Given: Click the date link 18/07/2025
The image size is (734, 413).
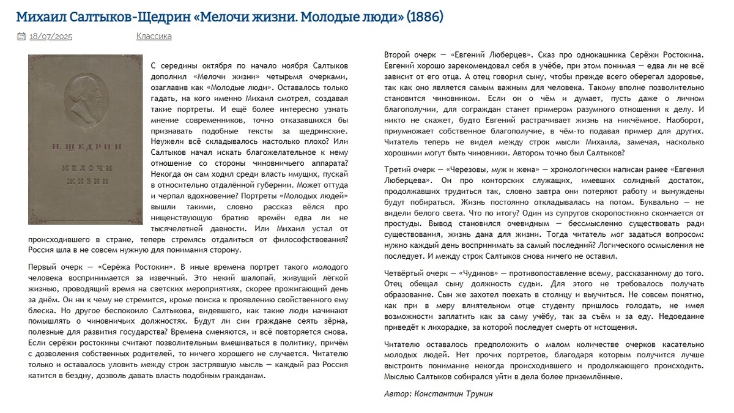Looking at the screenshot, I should pyautogui.click(x=51, y=37).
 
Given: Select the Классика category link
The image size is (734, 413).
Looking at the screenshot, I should pyautogui.click(x=154, y=37).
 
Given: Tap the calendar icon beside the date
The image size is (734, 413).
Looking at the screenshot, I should pyautogui.click(x=21, y=37).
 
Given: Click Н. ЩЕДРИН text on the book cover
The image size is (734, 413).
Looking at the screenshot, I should pyautogui.click(x=84, y=147).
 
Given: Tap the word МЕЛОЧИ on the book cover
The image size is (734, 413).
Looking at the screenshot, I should pyautogui.click(x=84, y=168).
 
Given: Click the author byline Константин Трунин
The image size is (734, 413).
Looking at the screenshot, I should pyautogui.click(x=453, y=394).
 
